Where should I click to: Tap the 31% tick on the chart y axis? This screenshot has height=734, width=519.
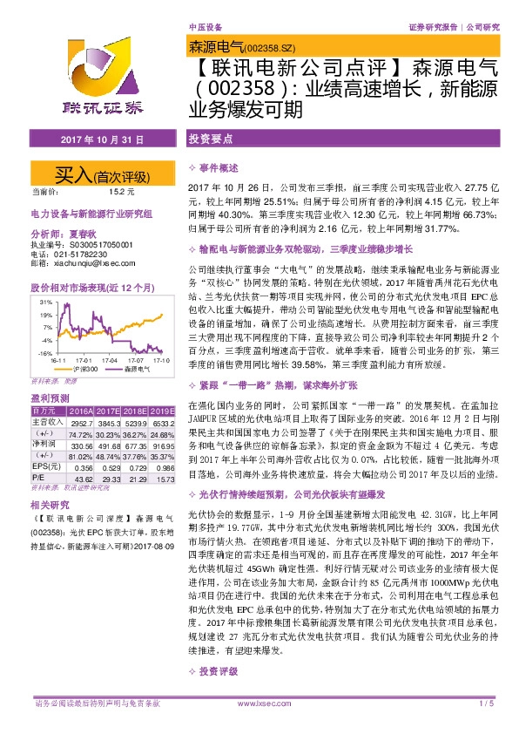click(x=46, y=302)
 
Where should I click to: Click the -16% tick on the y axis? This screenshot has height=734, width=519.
click(x=45, y=352)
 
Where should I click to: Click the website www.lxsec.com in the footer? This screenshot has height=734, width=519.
click(x=259, y=726)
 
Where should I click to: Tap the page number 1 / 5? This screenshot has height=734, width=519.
click(x=486, y=726)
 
